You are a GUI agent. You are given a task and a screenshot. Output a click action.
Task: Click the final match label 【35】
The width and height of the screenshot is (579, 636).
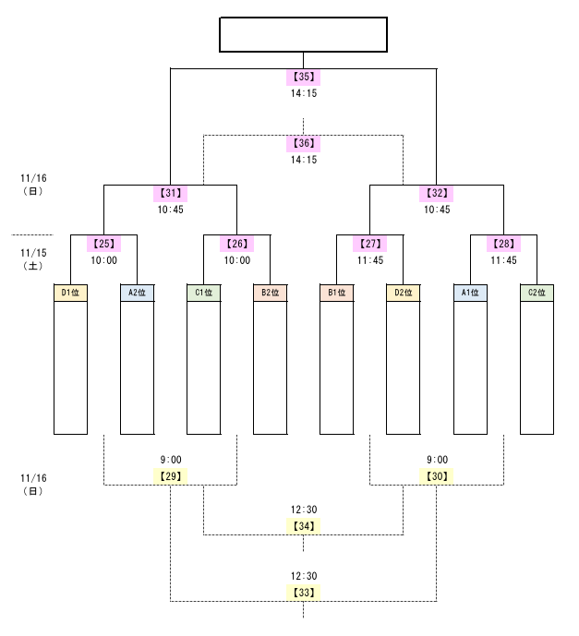pyautogui.click(x=303, y=77)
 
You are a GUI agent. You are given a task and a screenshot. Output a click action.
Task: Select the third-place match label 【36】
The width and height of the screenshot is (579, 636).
pyautogui.click(x=303, y=143)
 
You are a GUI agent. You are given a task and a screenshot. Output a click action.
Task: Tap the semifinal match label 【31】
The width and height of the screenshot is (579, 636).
pyautogui.click(x=170, y=194)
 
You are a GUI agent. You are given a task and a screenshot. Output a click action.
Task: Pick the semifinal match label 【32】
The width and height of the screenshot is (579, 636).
pyautogui.click(x=437, y=194)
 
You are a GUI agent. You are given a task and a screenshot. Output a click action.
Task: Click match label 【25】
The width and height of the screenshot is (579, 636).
pyautogui.click(x=103, y=244)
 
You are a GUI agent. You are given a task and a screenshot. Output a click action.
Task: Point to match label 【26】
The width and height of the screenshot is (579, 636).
pyautogui.click(x=236, y=244)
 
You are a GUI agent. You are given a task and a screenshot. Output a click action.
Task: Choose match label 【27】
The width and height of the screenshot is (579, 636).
pyautogui.click(x=370, y=244)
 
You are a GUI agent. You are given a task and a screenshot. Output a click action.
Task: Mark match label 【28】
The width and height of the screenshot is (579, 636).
pyautogui.click(x=503, y=244)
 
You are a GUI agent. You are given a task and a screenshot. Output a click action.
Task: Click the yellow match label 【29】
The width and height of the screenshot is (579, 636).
pyautogui.click(x=170, y=476)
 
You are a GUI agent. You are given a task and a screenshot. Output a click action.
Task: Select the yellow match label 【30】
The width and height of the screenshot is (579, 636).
pyautogui.click(x=437, y=476)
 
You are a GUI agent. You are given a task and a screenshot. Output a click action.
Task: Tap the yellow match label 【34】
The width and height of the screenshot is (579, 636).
pyautogui.click(x=303, y=526)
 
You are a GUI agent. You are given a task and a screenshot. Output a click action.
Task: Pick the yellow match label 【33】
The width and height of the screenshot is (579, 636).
pyautogui.click(x=303, y=593)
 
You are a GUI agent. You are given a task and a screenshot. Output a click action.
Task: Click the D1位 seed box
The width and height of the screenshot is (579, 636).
pyautogui.click(x=70, y=294)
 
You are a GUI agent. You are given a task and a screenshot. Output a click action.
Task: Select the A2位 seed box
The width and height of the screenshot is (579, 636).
pyautogui.click(x=137, y=294)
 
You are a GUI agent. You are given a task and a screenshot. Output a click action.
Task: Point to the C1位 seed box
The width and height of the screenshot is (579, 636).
pyautogui.click(x=203, y=294)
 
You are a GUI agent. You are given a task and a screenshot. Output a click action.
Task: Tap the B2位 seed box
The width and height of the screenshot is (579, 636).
pyautogui.click(x=271, y=294)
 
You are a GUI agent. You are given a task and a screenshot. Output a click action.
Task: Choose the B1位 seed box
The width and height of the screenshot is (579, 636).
pyautogui.click(x=337, y=294)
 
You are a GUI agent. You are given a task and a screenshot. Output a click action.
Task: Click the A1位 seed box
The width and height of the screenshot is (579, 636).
pyautogui.click(x=470, y=294)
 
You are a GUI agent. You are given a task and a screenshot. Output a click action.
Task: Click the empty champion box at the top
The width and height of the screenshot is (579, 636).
pyautogui.click(x=303, y=35)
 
